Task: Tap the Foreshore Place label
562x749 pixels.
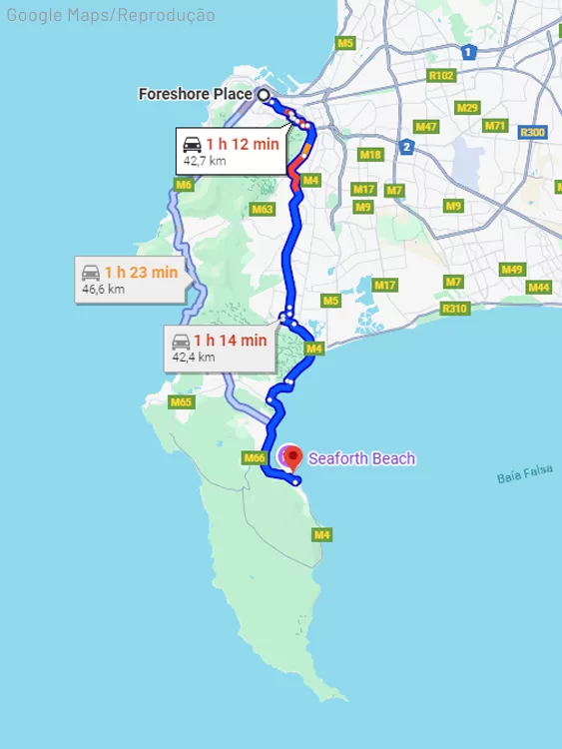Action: pos(196,95)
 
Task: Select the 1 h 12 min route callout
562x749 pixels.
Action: pos(231,151)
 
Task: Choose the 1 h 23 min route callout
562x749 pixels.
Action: pos(130,279)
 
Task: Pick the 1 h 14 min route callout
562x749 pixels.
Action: pos(219,348)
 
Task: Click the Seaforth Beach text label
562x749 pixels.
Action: pos(361,459)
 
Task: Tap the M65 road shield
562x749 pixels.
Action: pos(181,402)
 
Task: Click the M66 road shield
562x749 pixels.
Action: pos(254,457)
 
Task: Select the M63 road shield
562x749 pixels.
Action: pos(263,209)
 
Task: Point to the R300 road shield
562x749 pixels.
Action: pos(533,132)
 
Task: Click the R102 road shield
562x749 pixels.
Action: pos(440,75)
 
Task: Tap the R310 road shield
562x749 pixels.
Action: pos(454,309)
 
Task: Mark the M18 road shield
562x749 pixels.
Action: pos(371,154)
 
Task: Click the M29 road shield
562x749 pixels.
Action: pos(466,108)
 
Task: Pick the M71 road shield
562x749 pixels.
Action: pos(495,126)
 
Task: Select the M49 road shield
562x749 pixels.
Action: pos(512,270)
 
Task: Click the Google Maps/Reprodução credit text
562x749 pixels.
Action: pos(110,14)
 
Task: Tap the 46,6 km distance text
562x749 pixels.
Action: pos(104,290)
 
